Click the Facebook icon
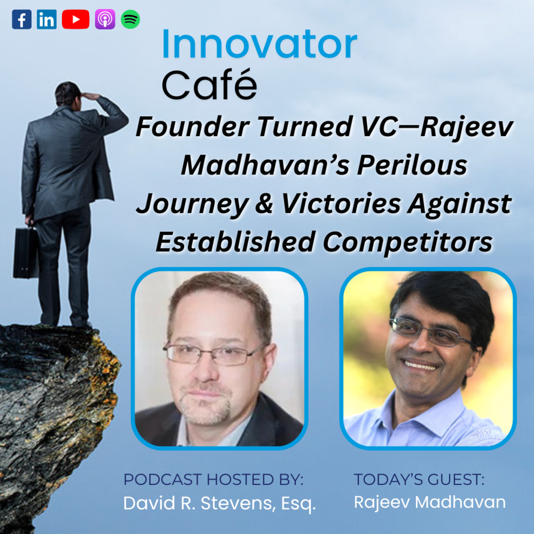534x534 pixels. pyautogui.click(x=22, y=19)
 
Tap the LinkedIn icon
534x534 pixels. pyautogui.click(x=47, y=19)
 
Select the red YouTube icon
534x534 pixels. pyautogui.click(x=75, y=19)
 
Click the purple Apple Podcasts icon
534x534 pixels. pyautogui.click(x=105, y=19)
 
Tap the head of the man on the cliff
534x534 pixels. pyautogui.click(x=66, y=94)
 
